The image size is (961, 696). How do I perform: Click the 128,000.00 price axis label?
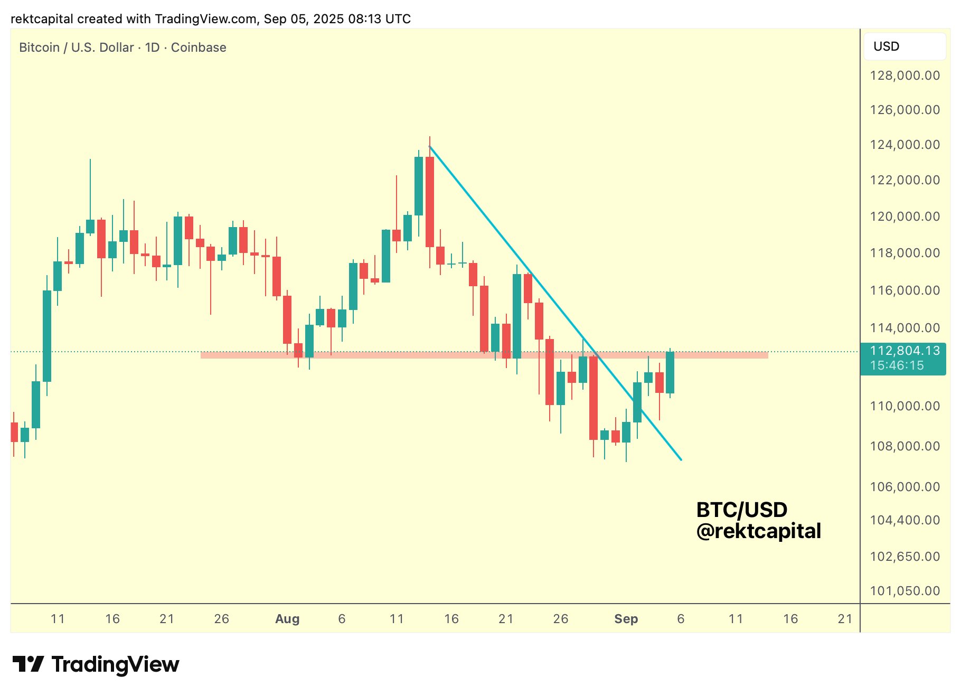click(905, 76)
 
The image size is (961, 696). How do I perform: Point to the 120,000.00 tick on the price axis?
click(905, 217)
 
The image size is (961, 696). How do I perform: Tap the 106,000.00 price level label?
click(905, 487)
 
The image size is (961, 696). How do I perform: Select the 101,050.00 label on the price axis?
click(905, 591)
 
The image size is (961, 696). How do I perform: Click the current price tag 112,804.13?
click(905, 351)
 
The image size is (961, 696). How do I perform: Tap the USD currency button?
click(905, 46)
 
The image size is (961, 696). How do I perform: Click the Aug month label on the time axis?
click(287, 619)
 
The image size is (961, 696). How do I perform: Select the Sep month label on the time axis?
click(626, 619)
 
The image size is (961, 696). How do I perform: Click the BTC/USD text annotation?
click(741, 510)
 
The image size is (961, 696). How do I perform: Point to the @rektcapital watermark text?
click(758, 531)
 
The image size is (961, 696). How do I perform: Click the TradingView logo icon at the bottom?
click(29, 664)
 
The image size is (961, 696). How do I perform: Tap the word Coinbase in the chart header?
click(199, 48)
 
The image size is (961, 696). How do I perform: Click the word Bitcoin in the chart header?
click(39, 48)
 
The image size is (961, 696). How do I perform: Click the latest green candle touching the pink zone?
click(670, 373)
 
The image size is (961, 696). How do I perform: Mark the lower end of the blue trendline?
click(681, 459)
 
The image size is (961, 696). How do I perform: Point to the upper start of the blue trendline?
click(430, 146)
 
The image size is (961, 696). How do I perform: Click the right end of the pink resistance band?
click(767, 355)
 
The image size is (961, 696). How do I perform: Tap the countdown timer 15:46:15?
click(897, 365)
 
